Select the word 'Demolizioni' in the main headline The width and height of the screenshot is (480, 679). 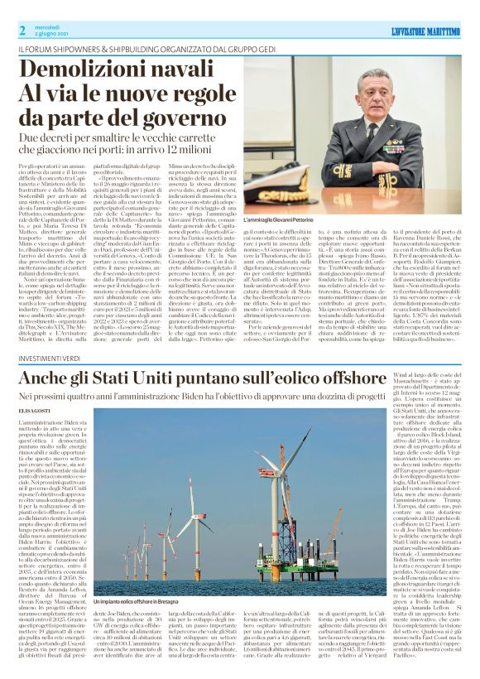(x=85, y=70)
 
